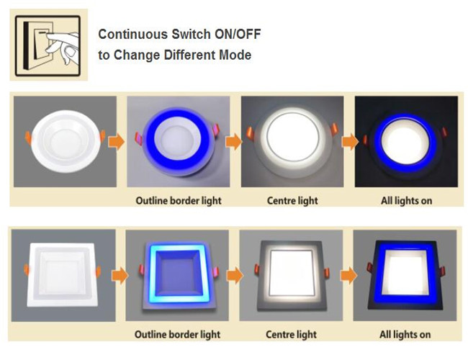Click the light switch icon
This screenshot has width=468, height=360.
tap(48, 45)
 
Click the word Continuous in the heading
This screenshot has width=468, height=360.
tap(133, 34)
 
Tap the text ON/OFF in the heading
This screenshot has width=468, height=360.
tap(238, 34)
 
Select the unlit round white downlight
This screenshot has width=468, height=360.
tap(66, 141)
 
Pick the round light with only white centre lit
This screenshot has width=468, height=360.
tap(292, 141)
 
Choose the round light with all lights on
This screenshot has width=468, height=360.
tap(405, 143)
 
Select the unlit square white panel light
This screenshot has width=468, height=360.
tap(63, 274)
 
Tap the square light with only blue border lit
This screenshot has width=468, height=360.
tap(178, 274)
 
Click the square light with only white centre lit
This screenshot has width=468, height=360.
tap(292, 275)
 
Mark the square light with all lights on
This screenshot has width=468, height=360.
tap(405, 274)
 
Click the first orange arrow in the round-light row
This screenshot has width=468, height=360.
tap(116, 142)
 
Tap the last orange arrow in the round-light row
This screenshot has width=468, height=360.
tap(350, 142)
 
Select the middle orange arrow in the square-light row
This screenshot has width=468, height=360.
tap(235, 276)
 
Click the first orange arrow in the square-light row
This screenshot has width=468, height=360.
tap(120, 276)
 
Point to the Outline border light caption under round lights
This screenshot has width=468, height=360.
tap(179, 201)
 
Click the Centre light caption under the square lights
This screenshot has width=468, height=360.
tap(291, 334)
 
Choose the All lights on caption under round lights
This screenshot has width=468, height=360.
tap(406, 201)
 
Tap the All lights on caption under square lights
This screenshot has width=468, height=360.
tap(405, 334)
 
